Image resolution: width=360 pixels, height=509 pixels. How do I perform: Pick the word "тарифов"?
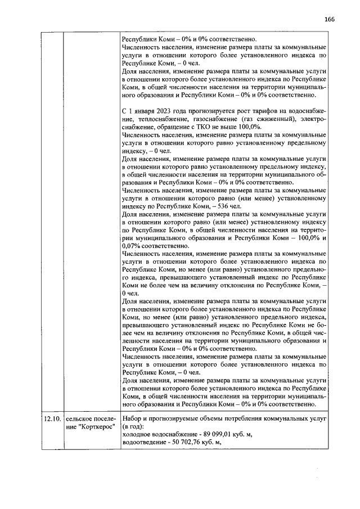(x=268, y=112)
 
